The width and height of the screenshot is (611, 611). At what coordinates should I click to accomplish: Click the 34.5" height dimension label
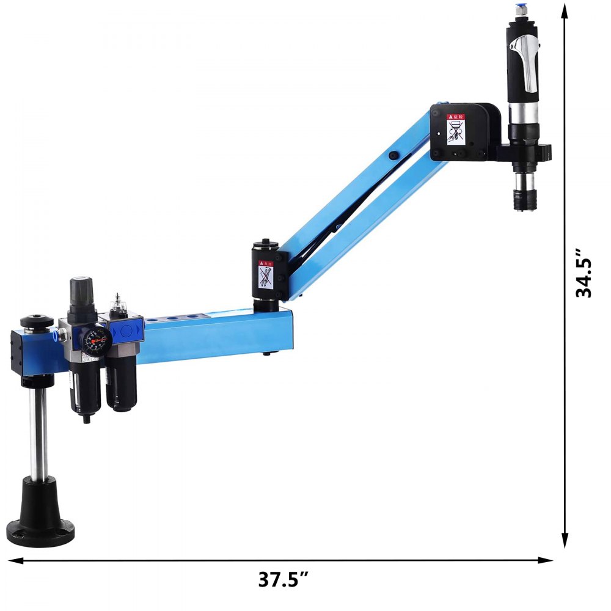click(585, 272)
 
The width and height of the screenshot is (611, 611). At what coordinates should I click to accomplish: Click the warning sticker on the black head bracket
click(456, 129)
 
